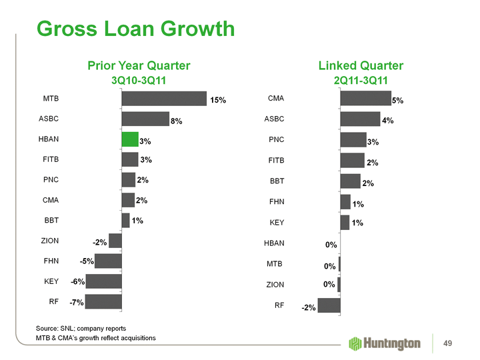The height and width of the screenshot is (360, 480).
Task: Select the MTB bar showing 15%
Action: pos(164,99)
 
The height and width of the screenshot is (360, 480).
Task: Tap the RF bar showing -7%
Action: pos(104,301)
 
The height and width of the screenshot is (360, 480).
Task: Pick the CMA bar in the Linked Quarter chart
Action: pos(365,99)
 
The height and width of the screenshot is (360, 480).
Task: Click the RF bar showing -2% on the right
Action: pos(329,305)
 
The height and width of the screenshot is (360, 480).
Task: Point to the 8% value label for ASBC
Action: pos(177,121)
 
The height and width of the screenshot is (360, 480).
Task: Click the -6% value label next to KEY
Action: pos(77,282)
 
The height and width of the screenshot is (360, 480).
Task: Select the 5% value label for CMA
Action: pos(398,100)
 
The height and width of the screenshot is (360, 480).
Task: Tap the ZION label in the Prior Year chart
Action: pos(50,240)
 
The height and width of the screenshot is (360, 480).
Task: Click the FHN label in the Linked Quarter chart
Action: pos(276,201)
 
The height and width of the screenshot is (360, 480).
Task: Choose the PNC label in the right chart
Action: pos(276,139)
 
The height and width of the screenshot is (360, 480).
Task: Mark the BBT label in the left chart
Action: pos(51,220)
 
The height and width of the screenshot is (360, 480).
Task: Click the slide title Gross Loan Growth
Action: pos(135,29)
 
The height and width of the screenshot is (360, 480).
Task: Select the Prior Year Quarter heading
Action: pos(139,65)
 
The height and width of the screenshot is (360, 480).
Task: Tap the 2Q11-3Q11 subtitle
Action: pos(361,81)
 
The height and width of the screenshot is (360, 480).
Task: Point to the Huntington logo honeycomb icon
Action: pos(355,343)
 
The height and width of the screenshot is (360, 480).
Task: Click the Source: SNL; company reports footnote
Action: pos(81,328)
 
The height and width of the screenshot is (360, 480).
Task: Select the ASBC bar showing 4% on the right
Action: pos(360,119)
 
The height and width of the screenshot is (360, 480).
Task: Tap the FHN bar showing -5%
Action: pos(109,261)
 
